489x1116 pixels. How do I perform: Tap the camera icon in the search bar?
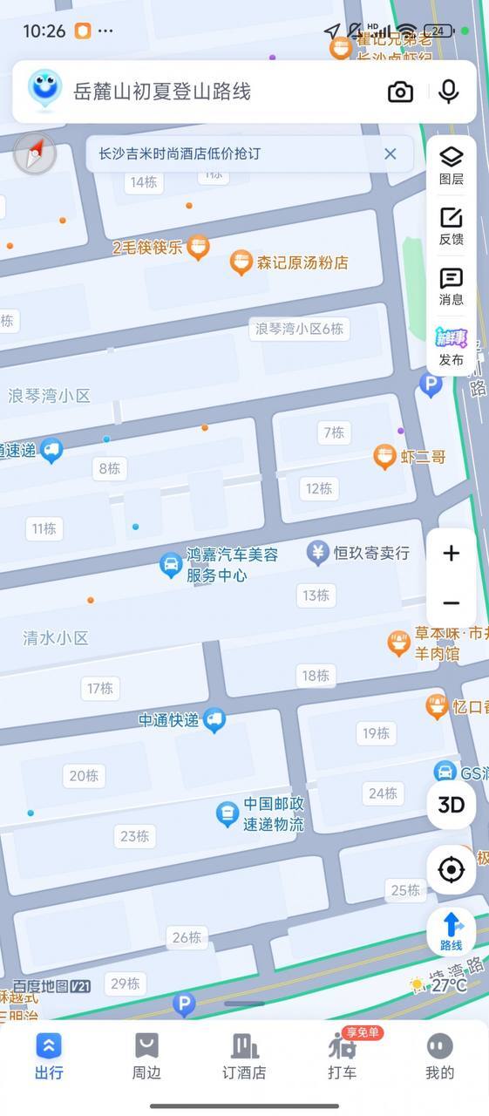(x=400, y=92)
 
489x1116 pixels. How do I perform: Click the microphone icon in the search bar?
(x=449, y=92)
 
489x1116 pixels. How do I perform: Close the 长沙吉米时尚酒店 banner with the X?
(x=391, y=154)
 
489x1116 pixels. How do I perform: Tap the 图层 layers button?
(x=451, y=165)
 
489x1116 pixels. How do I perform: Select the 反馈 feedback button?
(x=451, y=226)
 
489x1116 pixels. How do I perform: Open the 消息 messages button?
(x=451, y=287)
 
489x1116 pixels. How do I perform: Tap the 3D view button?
(x=451, y=805)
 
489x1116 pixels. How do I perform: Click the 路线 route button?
(x=451, y=931)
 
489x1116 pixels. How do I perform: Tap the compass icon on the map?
(x=35, y=155)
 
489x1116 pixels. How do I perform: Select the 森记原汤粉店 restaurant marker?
(x=241, y=262)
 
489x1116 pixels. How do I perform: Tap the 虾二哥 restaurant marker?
(x=384, y=456)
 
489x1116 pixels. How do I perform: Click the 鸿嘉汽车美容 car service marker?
(x=171, y=565)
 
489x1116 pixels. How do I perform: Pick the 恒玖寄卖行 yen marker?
(x=317, y=552)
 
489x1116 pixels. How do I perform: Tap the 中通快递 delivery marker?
(x=214, y=720)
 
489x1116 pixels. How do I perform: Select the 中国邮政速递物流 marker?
(x=228, y=814)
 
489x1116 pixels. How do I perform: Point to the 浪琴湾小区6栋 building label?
(x=299, y=329)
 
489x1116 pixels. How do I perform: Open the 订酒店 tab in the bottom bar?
(x=244, y=1056)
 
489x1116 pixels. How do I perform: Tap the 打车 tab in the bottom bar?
(x=342, y=1056)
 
